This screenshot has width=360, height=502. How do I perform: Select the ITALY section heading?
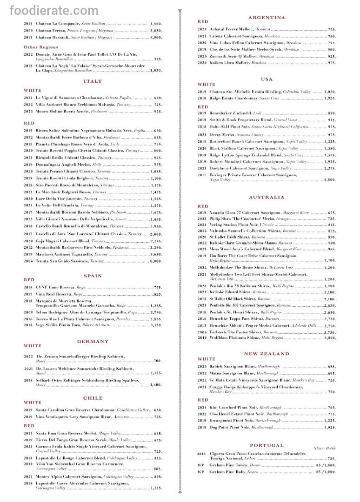pos(93,81)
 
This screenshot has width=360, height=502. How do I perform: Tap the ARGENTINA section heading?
pos(267,17)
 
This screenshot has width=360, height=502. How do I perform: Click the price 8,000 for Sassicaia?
pos(155,262)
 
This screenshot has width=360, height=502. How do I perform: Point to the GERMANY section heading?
pos(93,342)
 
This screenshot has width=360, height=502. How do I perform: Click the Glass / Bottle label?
pos(324,448)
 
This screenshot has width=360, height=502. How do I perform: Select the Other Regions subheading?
pos(41,47)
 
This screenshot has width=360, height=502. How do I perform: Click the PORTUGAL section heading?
pos(267,445)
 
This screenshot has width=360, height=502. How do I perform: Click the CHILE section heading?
pos(93,398)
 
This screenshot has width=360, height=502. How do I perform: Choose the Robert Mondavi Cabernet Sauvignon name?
pos(245,161)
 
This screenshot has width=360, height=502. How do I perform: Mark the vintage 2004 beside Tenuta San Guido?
pos(28,262)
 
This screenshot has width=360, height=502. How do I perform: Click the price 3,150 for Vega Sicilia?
pos(155,325)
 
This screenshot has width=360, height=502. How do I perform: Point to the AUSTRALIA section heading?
pos(267,197)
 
